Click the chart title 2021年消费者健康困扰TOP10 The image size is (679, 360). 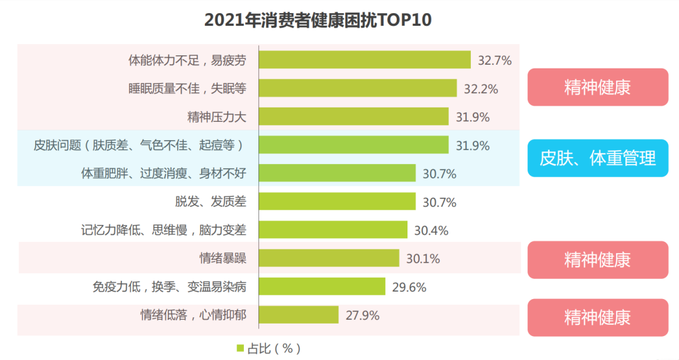click(318, 20)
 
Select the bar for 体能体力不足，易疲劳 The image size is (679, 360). click(365, 60)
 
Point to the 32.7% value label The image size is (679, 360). click(495, 60)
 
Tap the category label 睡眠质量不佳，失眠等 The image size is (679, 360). click(187, 89)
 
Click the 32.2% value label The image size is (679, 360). click(481, 89)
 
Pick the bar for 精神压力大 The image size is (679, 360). click(353, 117)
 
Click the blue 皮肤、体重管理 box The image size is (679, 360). click(597, 158)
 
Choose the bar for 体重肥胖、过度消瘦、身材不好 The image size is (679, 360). click(337, 173)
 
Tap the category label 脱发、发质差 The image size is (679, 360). click(210, 202)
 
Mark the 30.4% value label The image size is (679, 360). click(431, 231)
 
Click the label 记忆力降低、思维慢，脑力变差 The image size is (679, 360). click(163, 230)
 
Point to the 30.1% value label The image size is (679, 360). click(423, 259)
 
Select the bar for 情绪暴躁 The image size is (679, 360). click(329, 258)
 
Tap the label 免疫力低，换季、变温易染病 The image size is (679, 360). click(169, 287)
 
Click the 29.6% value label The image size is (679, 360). click(409, 287)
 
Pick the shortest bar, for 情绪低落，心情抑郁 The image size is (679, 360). click(299, 315)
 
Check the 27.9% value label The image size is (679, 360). click(363, 315)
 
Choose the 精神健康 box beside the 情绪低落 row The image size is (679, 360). click(597, 317)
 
